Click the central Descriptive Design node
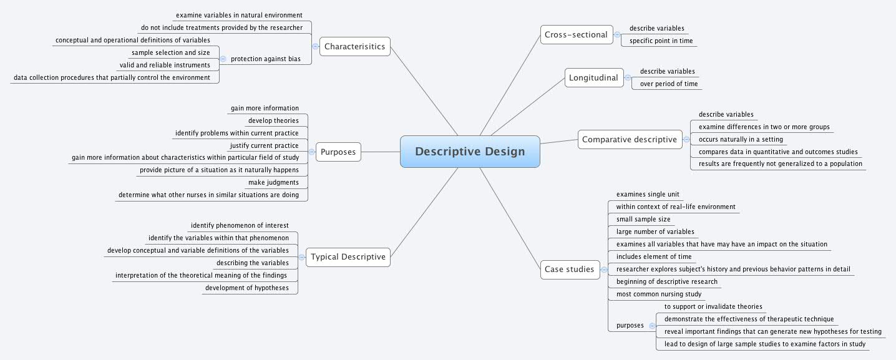pos(470,152)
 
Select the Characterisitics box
pos(354,46)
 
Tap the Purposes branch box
pos(338,152)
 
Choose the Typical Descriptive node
pos(348,256)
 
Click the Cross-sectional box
pos(576,34)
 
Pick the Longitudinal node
pos(593,78)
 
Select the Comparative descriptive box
pos(629,139)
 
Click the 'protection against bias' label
pos(265,59)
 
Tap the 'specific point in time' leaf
pos(661,41)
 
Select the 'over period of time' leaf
pos(668,84)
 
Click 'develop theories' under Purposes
pos(273,121)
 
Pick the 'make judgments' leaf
pos(273,183)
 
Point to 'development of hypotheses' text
pos(246,288)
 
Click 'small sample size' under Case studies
pos(643,220)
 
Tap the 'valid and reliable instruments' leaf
pos(165,66)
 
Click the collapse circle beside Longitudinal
pos(628,78)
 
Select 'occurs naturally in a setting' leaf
pos(741,140)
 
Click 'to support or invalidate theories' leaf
pos(713,307)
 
